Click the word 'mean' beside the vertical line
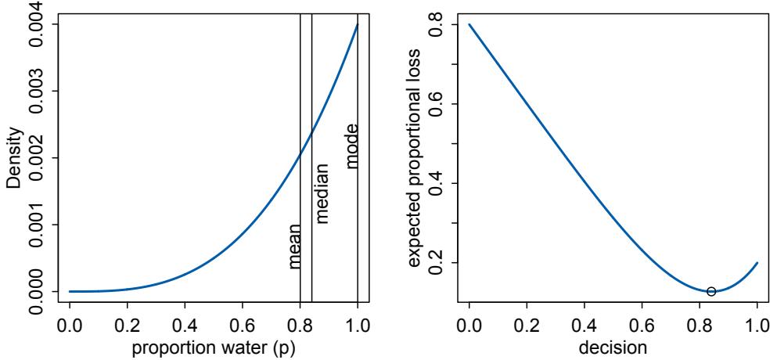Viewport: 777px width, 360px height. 294,246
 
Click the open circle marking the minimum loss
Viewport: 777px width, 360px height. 711,291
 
